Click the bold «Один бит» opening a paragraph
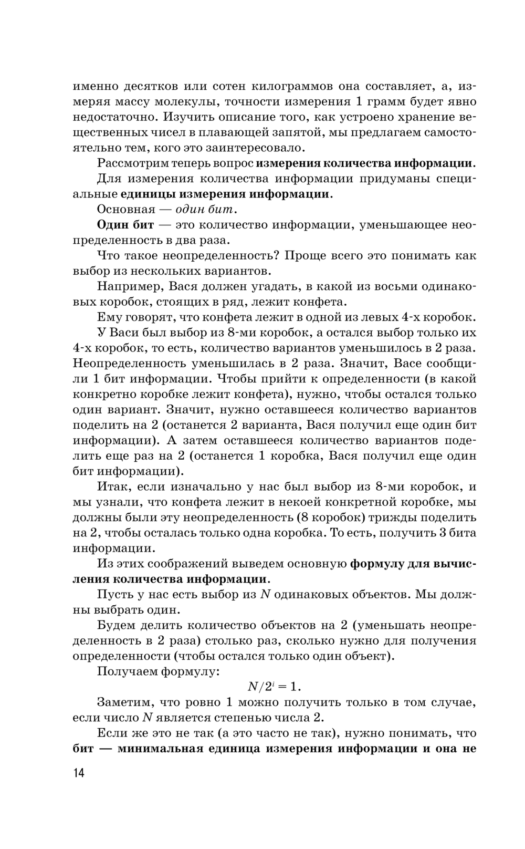(x=125, y=225)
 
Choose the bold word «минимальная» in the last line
(x=160, y=749)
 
